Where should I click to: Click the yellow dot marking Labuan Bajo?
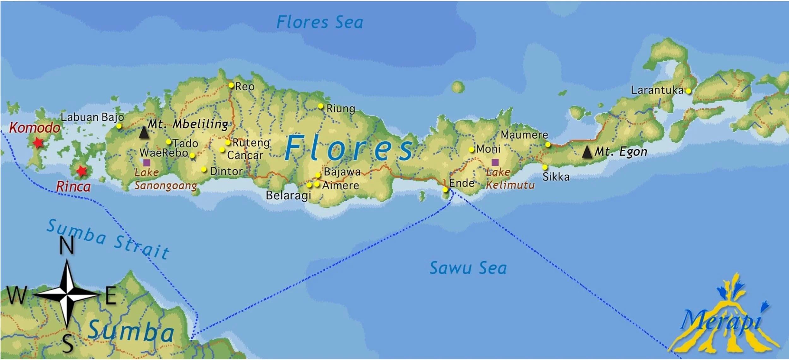click(x=119, y=126)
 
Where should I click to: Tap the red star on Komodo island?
click(x=38, y=143)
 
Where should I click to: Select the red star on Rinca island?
click(x=82, y=171)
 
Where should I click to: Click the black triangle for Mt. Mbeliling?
click(x=144, y=133)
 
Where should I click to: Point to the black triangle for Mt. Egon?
click(x=587, y=152)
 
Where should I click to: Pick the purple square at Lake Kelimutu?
click(x=495, y=162)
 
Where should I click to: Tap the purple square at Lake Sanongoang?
click(x=147, y=163)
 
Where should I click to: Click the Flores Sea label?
click(x=319, y=22)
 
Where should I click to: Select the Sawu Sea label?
click(x=468, y=268)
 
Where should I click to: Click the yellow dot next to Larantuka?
click(x=688, y=91)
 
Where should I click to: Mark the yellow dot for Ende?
click(x=445, y=189)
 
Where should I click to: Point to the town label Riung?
click(x=341, y=109)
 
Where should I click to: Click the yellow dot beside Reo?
click(x=231, y=85)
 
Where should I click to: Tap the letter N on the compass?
click(x=67, y=246)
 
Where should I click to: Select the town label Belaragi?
click(x=288, y=195)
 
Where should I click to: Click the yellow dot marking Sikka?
click(x=545, y=167)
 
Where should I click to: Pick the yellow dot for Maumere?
click(x=548, y=145)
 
